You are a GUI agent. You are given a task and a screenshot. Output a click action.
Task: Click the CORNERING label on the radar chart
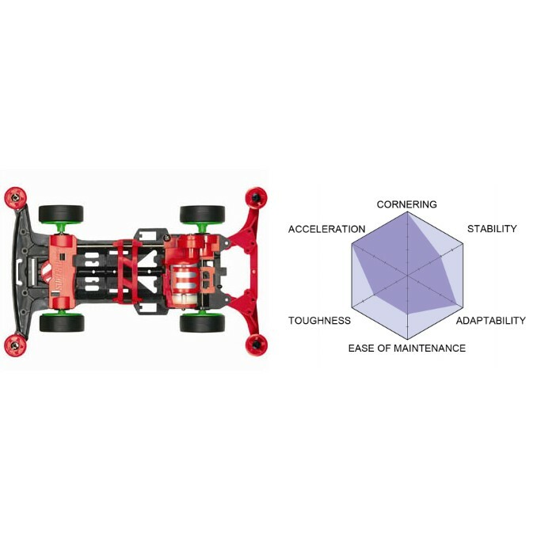point(406,205)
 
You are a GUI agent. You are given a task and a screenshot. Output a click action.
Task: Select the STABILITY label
point(491,229)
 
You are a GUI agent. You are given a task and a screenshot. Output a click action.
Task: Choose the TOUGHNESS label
point(319,321)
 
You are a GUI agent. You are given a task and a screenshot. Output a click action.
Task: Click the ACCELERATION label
point(326,229)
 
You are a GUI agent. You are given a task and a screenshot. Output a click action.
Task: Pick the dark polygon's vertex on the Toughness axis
point(371,297)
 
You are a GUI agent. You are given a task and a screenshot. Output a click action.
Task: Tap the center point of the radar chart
point(407,276)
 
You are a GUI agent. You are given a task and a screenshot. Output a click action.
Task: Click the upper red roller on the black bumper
point(14,196)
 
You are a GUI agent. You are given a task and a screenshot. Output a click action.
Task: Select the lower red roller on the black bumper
point(14,343)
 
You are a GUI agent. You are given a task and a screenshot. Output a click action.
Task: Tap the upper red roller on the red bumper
point(256,196)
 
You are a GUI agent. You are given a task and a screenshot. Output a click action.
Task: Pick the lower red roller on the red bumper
point(257,344)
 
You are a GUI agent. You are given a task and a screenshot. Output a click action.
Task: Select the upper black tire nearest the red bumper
point(202,214)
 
